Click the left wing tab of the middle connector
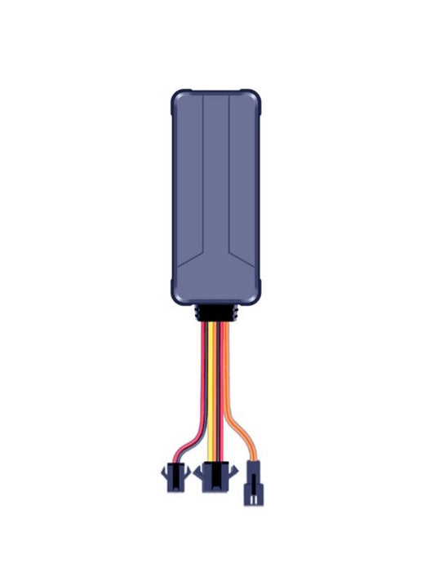pos(199,472)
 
